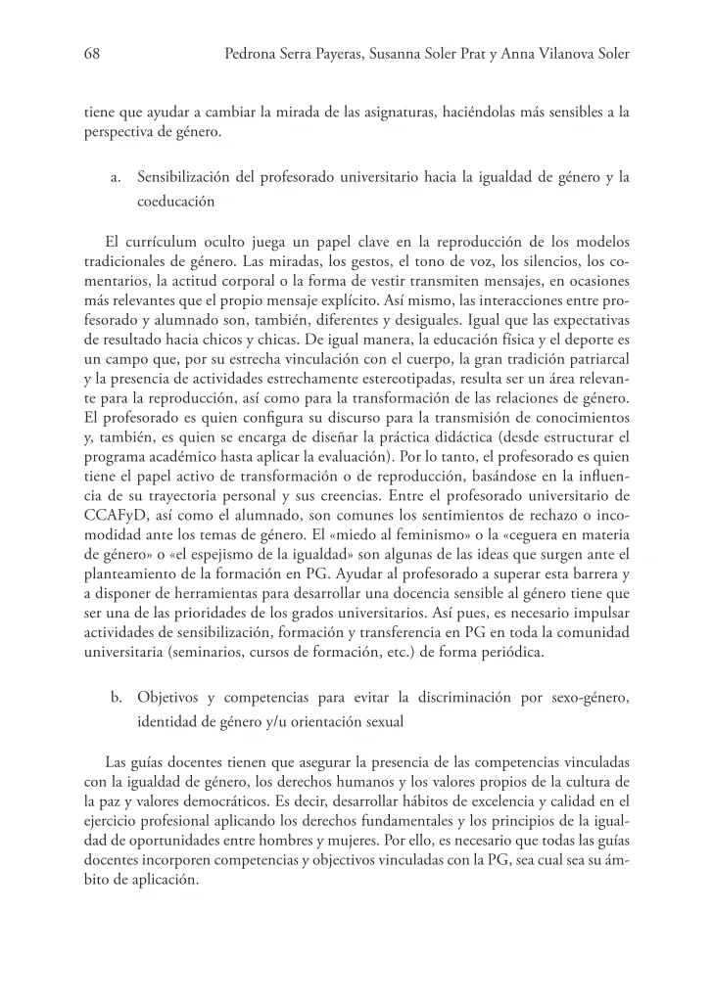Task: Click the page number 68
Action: pos(92,56)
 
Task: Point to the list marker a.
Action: pos(116,177)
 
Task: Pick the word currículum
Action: pos(161,242)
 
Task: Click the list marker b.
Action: pos(116,698)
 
